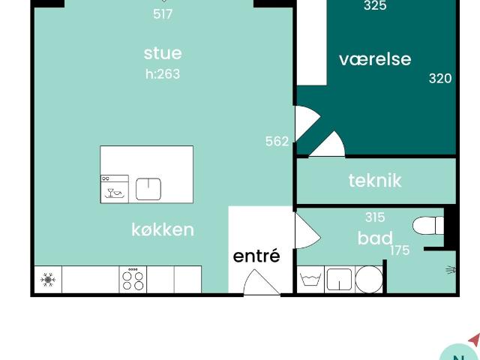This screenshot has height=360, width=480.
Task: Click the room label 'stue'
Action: pyautogui.click(x=163, y=53)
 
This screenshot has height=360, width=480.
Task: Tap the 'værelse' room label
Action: pyautogui.click(x=375, y=59)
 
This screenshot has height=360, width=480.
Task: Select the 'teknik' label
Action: pyautogui.click(x=375, y=180)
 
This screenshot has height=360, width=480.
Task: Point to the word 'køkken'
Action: pyautogui.click(x=163, y=229)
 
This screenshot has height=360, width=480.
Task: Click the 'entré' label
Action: pyautogui.click(x=256, y=256)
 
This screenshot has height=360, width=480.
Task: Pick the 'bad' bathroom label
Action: pyautogui.click(x=375, y=238)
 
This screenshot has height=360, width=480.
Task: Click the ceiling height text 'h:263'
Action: pyautogui.click(x=163, y=74)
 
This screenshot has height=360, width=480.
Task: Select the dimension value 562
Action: pyautogui.click(x=277, y=141)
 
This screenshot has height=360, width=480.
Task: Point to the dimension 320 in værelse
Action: pyautogui.click(x=440, y=77)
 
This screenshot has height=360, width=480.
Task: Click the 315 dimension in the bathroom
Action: pyautogui.click(x=375, y=217)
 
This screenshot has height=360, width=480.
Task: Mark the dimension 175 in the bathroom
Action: pyautogui.click(x=400, y=250)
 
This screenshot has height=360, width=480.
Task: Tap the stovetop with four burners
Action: pyautogui.click(x=133, y=280)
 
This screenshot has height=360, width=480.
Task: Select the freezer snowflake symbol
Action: pyautogui.click(x=47, y=280)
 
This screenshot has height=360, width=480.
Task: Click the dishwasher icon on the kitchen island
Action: pyautogui.click(x=115, y=189)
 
